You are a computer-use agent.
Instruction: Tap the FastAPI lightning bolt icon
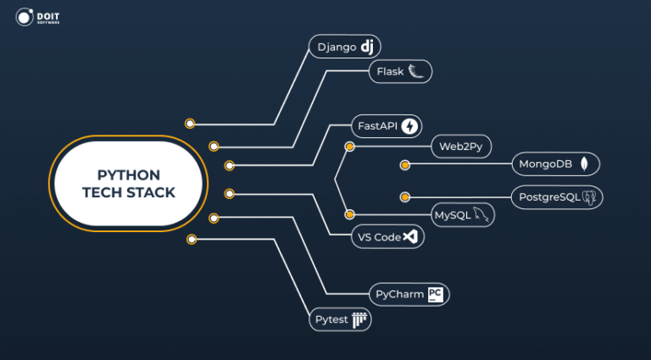tap(410, 126)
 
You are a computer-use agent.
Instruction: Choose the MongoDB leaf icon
tap(585, 163)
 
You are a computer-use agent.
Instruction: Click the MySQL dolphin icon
tap(481, 215)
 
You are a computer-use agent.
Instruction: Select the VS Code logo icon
tap(411, 237)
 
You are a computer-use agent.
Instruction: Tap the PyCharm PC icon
tap(436, 294)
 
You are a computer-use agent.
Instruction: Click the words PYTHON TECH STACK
tap(128, 184)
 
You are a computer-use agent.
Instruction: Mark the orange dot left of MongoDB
tap(405, 164)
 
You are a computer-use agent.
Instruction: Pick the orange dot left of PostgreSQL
tap(405, 197)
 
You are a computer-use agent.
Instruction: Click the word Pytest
tap(331, 320)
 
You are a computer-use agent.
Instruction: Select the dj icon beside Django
tap(366, 47)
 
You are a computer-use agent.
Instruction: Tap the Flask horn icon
tap(416, 72)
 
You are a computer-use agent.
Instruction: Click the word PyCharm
tap(398, 295)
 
